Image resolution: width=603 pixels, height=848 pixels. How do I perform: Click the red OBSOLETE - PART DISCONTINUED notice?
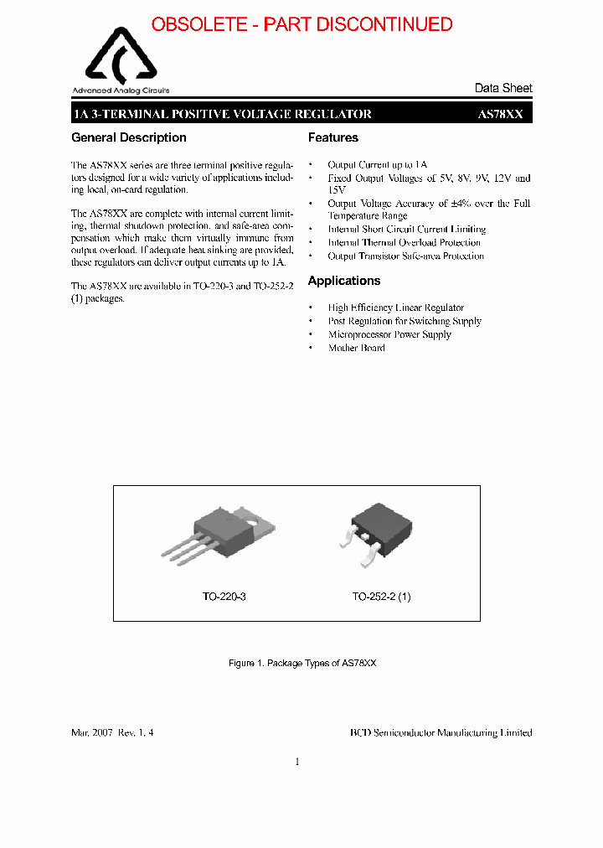click(301, 24)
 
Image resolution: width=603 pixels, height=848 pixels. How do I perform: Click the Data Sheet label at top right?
click(502, 88)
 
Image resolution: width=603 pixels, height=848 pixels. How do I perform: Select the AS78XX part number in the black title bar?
click(500, 114)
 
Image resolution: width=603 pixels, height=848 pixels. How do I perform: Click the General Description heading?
click(129, 137)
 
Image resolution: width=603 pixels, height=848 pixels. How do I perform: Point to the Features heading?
click(332, 137)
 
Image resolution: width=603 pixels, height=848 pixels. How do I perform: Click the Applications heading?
click(344, 281)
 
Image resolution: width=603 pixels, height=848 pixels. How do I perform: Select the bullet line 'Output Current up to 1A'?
click(377, 165)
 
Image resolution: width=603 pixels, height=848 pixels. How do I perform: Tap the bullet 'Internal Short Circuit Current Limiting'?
click(406, 229)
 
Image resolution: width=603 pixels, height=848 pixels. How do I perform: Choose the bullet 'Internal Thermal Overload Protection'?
click(404, 242)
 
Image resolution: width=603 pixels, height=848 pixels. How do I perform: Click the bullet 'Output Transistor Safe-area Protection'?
click(405, 256)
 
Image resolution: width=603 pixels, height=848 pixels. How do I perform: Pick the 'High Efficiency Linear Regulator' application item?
click(395, 308)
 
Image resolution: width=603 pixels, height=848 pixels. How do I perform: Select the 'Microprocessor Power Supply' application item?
click(389, 334)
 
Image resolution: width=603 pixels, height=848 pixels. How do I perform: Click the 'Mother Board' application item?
click(356, 348)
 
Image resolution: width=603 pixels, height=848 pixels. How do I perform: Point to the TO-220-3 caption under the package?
click(224, 597)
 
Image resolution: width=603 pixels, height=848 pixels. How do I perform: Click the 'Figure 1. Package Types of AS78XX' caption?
click(302, 663)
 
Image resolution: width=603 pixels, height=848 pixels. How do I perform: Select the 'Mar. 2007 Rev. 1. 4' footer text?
click(112, 732)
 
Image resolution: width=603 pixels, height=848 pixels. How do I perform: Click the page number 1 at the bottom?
click(297, 762)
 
